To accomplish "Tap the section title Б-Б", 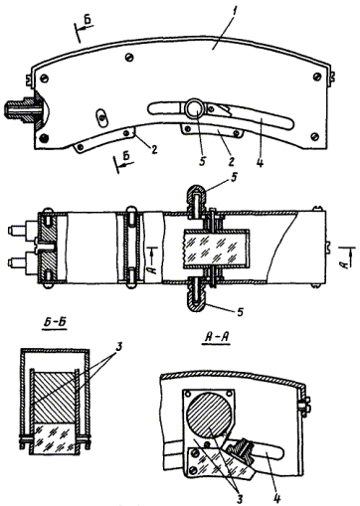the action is [55, 324].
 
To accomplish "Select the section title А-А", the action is [216, 338].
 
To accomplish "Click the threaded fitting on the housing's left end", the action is [21, 109].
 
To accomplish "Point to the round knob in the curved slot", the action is [195, 107].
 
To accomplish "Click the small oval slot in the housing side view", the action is [101, 116].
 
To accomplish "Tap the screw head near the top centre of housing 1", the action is [130, 58].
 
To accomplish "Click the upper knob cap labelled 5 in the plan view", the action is [198, 198].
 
